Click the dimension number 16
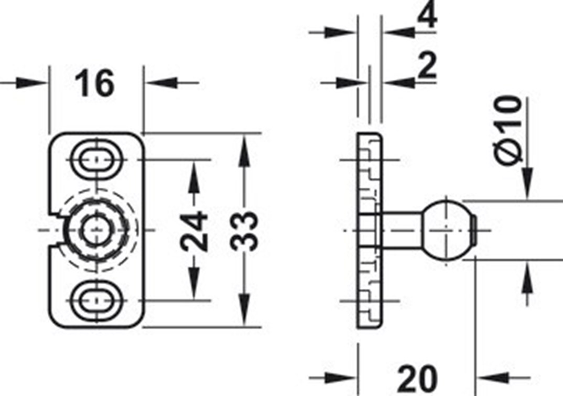[x=95, y=84]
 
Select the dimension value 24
[x=194, y=231]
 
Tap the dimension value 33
[x=244, y=231]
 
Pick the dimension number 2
[x=427, y=65]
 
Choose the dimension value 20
[x=417, y=379]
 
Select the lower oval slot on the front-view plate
[x=95, y=300]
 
